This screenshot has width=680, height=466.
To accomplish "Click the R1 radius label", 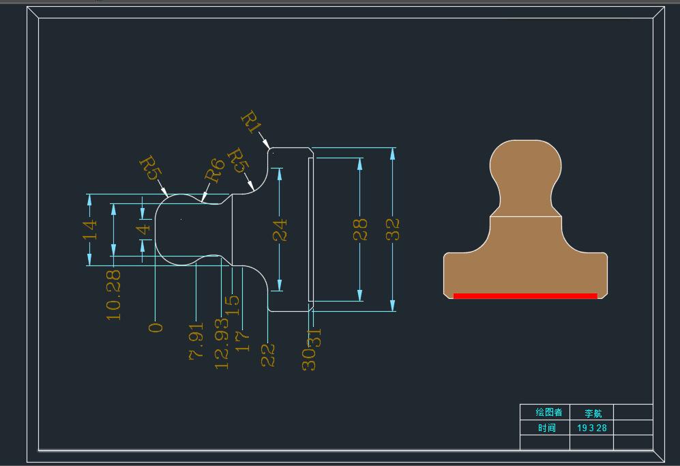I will tap(252, 123).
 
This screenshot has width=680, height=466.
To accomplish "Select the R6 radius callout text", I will tap(215, 170).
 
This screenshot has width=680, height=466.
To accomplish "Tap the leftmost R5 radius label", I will tap(149, 167).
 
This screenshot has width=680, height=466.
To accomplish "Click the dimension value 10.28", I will tap(114, 295).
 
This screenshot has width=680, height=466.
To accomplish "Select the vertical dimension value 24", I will tap(280, 231).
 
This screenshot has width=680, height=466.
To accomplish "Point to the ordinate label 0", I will tap(156, 327).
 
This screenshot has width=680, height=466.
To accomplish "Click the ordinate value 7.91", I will tap(196, 342).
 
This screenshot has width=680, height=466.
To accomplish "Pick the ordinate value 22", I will tap(268, 355).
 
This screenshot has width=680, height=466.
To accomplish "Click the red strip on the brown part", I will tap(525, 296).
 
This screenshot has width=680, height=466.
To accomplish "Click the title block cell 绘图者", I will tap(548, 412).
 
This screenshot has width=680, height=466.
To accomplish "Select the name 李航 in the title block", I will tap(593, 413).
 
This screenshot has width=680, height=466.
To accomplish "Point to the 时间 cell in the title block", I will tap(546, 428).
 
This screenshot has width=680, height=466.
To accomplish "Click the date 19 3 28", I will tap(592, 428).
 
